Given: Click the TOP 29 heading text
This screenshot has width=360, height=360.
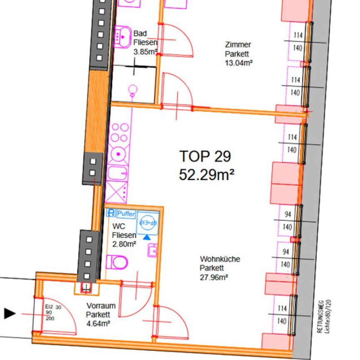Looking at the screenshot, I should coord(205,156).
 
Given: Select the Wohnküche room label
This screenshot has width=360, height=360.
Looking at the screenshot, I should coord(220,259).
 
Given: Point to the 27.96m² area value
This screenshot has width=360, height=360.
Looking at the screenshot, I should coord(213,276).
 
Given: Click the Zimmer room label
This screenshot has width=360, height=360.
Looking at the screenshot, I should coord(238,45).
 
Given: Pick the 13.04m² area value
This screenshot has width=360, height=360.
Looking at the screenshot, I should coord(240,63).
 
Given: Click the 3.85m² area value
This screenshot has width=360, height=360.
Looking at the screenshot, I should coord(145,52).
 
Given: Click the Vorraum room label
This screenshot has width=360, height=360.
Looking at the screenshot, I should coord(101,305).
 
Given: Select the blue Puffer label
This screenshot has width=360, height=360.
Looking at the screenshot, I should coord(126,214).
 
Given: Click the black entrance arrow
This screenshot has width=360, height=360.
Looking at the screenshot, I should coord(10,313).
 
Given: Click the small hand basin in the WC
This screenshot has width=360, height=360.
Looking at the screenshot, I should coord(152,250).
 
